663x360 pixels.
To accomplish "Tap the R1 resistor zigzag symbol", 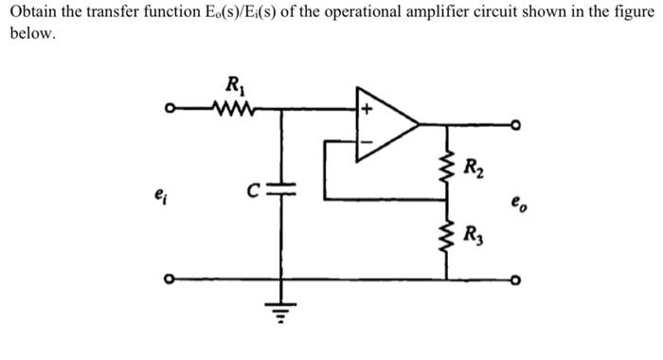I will pos(230,107).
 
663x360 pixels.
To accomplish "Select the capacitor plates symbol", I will pos(281,190).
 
